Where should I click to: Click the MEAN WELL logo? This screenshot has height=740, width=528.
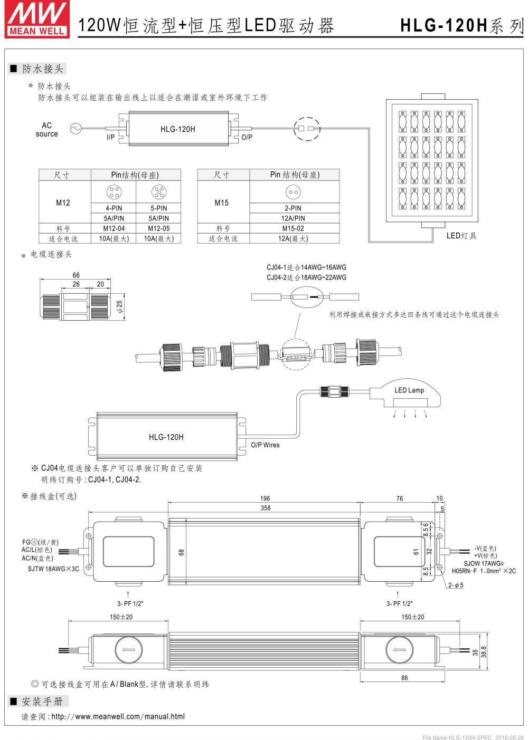tap(36, 18)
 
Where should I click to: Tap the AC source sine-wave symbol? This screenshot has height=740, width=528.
tap(76, 129)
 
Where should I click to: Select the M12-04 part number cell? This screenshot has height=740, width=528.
tap(114, 228)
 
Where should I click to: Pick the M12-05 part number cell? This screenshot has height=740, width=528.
tap(158, 228)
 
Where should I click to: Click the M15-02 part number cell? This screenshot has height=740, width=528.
tap(294, 228)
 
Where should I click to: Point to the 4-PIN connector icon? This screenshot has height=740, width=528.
tap(114, 192)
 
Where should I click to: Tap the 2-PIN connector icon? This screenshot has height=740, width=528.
tap(294, 192)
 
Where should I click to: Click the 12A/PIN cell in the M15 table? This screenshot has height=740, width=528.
tap(294, 218)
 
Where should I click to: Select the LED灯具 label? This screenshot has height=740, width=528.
tap(461, 236)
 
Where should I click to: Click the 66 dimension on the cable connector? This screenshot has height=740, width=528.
tap(76, 275)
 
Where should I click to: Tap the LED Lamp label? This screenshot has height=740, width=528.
tap(409, 390)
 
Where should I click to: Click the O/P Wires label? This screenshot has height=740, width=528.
tap(265, 445)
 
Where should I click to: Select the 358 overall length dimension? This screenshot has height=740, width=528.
tap(265, 508)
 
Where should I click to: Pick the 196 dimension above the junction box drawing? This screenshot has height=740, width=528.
tap(265, 498)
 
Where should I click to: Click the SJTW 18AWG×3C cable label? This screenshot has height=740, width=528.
tap(53, 569)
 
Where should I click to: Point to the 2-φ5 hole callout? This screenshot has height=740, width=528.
tap(455, 585)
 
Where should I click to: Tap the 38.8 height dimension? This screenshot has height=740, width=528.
tap(484, 652)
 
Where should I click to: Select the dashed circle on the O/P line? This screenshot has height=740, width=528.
tap(307, 129)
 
